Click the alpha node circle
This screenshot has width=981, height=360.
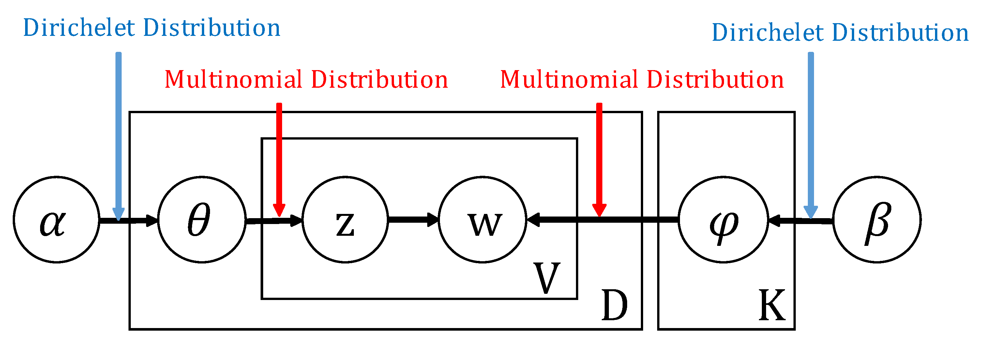coord(56,219)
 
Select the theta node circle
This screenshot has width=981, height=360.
coord(202,219)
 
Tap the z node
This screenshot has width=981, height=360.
coord(345,219)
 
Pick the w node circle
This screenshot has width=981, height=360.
coord(482,219)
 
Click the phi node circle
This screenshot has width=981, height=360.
coord(723,219)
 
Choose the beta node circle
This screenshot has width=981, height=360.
coord(877,219)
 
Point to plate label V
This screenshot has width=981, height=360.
coord(547,278)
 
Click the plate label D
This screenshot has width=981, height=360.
coord(614,306)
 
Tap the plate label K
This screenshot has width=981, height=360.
coord(772,306)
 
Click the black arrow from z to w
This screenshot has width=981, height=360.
coord(413,219)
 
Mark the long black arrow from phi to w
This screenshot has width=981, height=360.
coord(609,219)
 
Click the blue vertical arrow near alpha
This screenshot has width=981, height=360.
coord(118,133)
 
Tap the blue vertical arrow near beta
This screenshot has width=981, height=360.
coord(811,133)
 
